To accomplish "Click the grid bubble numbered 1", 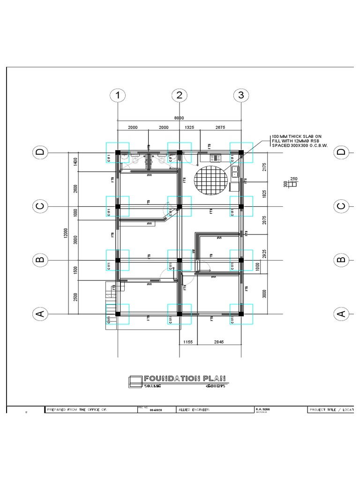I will pos(118,96).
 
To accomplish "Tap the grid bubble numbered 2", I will pos(179,96).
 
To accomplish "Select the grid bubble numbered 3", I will pos(240,96).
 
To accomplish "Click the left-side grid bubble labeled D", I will pos(40,152).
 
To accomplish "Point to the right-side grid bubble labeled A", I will pos(341,314).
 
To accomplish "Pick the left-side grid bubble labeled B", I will pos(40,259).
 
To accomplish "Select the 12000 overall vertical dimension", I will pos(66,233).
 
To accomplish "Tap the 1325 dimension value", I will pos(190,127).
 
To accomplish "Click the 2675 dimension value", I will pos(220,127).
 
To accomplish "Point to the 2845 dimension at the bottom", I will pos(219,342).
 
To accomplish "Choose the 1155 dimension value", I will pos(187,342).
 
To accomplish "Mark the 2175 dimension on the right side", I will pos(264,167).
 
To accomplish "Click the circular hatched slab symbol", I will pos(211,180).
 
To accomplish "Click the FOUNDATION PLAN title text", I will pos(185,378).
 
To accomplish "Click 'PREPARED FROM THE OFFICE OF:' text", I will pos(77,409).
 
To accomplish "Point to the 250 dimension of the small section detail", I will pos(294,179).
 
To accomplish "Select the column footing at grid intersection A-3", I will pos(241,314).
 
